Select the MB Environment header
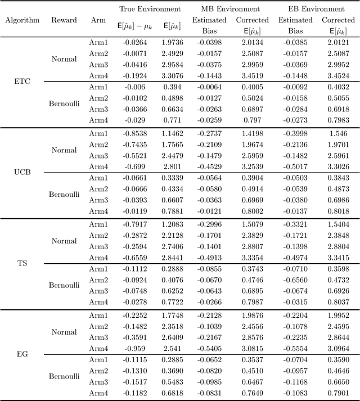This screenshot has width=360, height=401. [x=230, y=9]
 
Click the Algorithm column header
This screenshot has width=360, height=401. [x=22, y=20]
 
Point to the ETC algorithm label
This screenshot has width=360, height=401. [x=22, y=81]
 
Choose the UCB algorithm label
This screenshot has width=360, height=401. [x=22, y=172]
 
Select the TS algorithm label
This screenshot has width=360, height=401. [x=22, y=263]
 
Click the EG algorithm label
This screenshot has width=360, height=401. [x=22, y=354]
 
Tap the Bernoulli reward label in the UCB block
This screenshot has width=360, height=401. [x=64, y=195]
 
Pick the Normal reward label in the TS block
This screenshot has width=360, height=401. [x=64, y=240]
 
